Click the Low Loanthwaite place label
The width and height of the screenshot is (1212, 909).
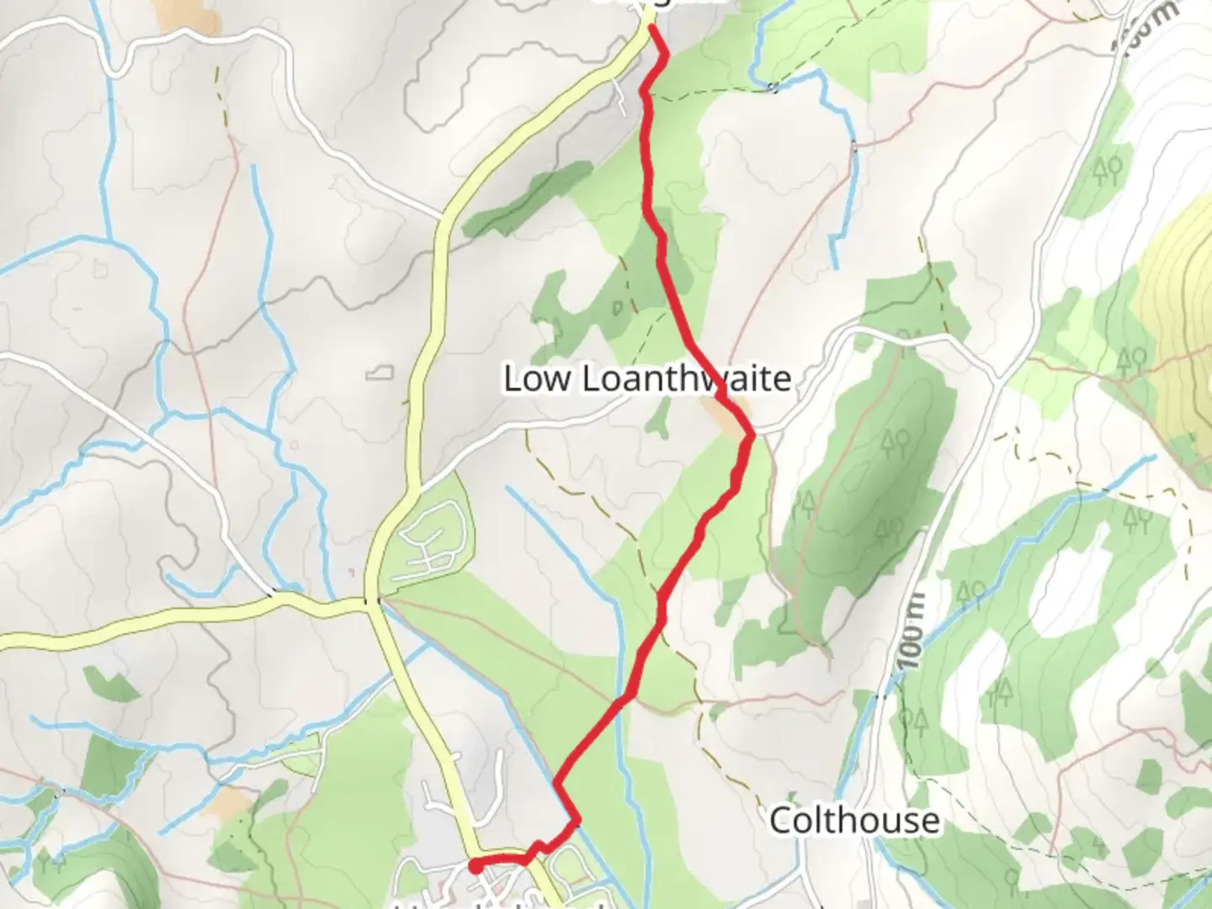pyautogui.click(x=646, y=379)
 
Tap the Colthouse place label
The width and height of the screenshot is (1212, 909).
pyautogui.click(x=854, y=820)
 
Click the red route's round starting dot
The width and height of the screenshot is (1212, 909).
pyautogui.click(x=476, y=865)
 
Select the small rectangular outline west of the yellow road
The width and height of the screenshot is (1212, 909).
pyautogui.click(x=380, y=370)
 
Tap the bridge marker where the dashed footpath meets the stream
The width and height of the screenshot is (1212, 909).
pyautogui.click(x=773, y=87)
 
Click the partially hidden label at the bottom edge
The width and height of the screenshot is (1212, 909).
pyautogui.click(x=505, y=905)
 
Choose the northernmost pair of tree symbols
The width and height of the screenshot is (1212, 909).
pyautogui.click(x=1107, y=171)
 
